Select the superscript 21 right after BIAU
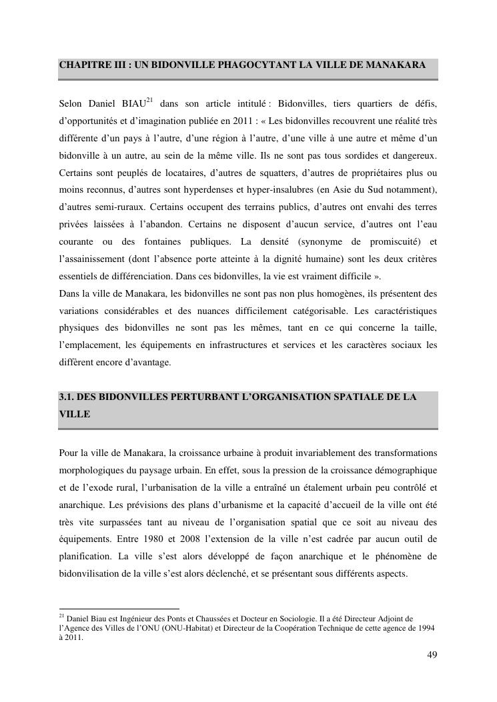150,101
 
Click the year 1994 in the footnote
428,628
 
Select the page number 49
432,655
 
